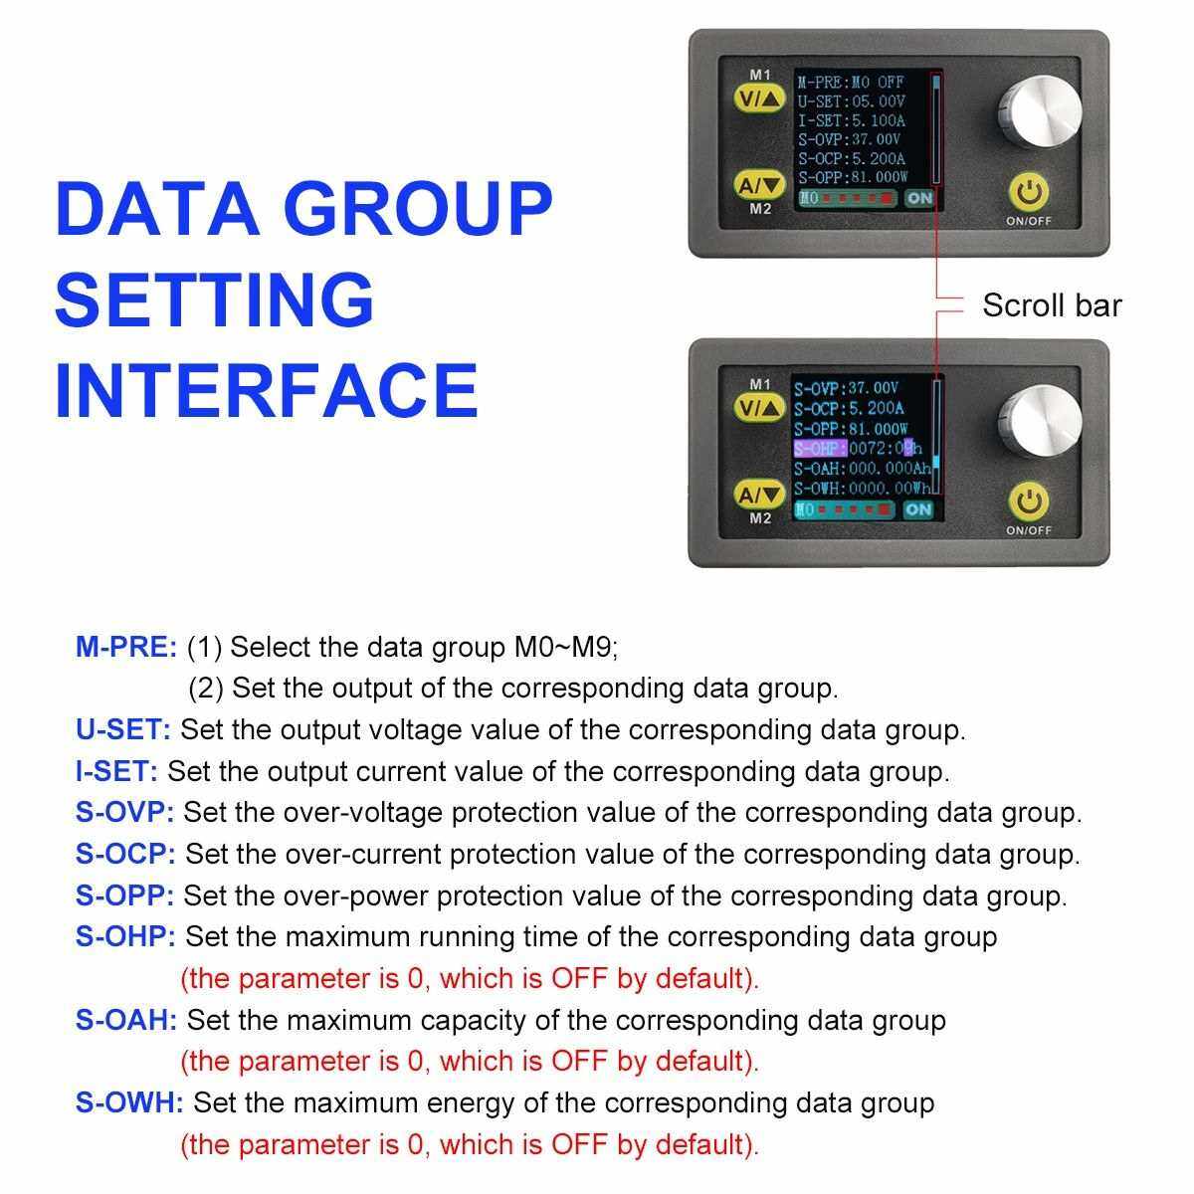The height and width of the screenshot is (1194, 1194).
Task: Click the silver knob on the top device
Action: [1039, 112]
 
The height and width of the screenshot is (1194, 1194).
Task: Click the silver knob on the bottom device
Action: [1039, 422]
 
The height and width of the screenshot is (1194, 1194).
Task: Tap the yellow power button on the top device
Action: [1029, 193]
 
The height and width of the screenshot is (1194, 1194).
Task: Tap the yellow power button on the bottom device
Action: [1029, 501]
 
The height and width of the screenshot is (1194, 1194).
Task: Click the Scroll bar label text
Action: [1052, 305]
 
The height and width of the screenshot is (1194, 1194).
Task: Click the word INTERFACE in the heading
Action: [267, 391]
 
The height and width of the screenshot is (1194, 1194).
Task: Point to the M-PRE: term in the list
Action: [126, 647]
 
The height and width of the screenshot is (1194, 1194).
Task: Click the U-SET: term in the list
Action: [122, 730]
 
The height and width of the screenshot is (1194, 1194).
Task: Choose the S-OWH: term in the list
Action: [129, 1102]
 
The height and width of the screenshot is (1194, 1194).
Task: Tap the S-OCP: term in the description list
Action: [125, 854]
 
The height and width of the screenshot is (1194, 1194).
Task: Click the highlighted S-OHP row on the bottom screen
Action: [858, 448]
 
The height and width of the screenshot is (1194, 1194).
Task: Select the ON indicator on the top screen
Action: [919, 198]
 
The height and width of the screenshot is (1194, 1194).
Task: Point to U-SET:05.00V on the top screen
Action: [852, 101]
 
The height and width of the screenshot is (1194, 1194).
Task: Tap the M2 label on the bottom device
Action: [760, 518]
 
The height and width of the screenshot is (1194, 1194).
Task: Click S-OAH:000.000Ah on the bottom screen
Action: [863, 469]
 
